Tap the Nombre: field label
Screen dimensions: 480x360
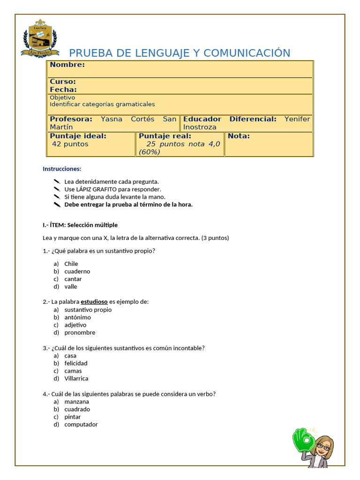point(67,65)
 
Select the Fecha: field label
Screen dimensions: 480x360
point(63,90)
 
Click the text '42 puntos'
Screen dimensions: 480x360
point(70,144)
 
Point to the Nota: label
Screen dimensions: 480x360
point(239,136)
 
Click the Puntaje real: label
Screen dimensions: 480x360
point(165,136)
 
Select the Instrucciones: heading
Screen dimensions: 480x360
point(62,169)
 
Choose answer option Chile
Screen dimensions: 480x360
point(71,264)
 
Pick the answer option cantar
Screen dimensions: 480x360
point(73,279)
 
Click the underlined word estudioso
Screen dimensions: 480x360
point(94,302)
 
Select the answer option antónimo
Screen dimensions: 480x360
point(78,317)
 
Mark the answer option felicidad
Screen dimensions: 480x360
point(76,363)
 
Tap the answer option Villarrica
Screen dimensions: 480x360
point(76,378)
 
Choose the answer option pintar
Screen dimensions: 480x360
point(73,417)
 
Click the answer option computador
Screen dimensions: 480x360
point(81,424)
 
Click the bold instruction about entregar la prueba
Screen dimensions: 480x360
point(128,204)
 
